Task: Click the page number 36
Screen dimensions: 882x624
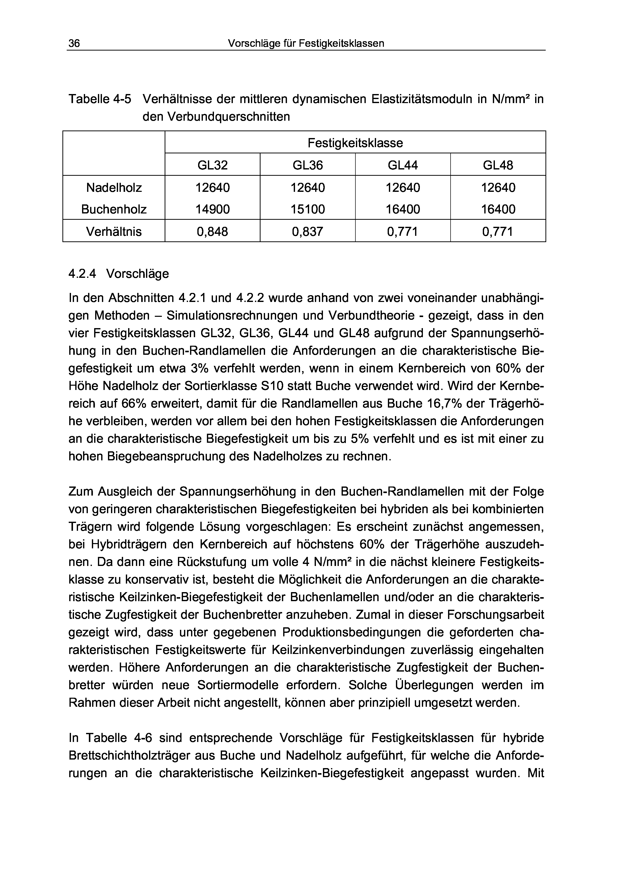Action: [x=74, y=43]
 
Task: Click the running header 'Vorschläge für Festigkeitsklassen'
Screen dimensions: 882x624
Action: [x=306, y=43]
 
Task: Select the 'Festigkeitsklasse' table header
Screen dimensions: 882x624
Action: [x=355, y=143]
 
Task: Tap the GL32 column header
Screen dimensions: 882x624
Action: [x=213, y=165]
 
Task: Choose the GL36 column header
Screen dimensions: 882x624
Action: [x=308, y=165]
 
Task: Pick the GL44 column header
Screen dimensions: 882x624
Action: [x=402, y=165]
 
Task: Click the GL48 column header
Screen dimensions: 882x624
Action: [x=498, y=165]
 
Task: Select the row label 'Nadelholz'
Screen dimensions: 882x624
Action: [x=114, y=188]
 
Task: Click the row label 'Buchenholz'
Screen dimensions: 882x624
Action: [x=114, y=209]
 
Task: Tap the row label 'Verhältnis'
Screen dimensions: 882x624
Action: [x=114, y=232]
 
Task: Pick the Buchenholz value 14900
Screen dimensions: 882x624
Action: [x=213, y=209]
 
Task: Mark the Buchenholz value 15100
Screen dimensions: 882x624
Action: [x=308, y=209]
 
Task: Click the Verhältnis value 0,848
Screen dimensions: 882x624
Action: [x=213, y=232]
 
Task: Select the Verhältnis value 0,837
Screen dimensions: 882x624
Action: [x=308, y=232]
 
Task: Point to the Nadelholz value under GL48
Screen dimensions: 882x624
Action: [x=498, y=188]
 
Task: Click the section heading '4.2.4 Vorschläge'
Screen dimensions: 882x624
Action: [x=118, y=274]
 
